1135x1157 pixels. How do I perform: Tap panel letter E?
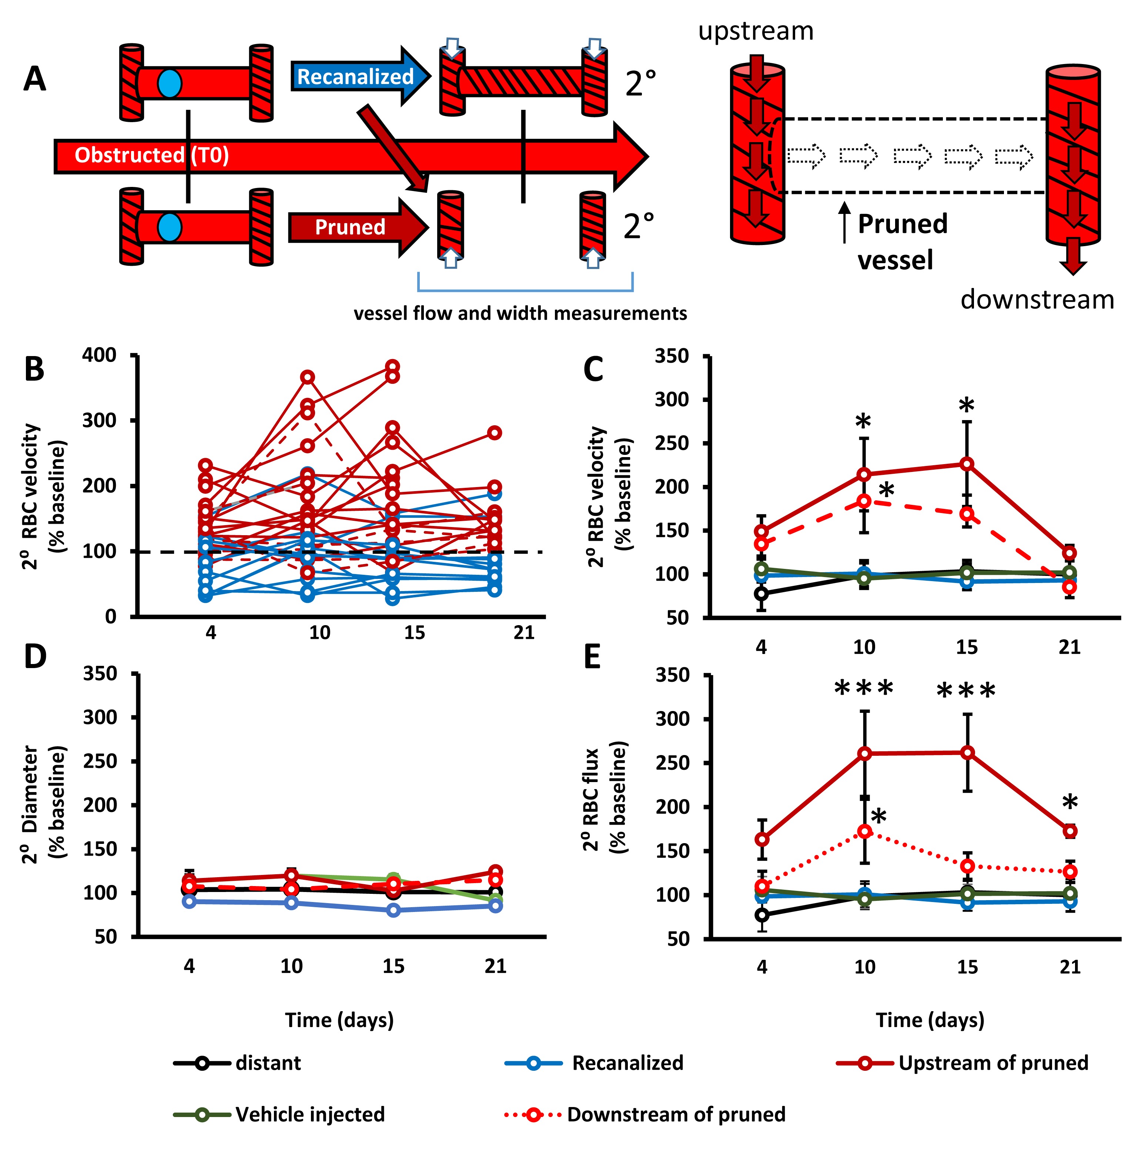(592, 657)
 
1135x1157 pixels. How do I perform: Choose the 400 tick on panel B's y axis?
(100, 355)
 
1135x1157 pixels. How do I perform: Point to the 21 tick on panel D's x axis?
(495, 966)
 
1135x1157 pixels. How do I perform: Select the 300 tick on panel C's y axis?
(672, 399)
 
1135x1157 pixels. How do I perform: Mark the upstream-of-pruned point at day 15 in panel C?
(967, 464)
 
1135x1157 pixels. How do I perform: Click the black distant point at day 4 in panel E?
(762, 915)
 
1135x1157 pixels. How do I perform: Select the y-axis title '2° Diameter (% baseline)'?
(45, 804)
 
